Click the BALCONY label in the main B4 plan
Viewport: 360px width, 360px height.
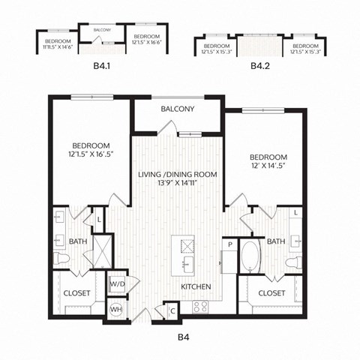point(178,109)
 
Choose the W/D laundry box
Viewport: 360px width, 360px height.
point(117,284)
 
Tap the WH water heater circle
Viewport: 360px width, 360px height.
point(116,308)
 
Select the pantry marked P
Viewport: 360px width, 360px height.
point(229,245)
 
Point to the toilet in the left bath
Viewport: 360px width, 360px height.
point(64,259)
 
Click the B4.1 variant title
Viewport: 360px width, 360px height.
point(101,66)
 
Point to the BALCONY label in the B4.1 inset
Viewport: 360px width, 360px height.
point(102,30)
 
